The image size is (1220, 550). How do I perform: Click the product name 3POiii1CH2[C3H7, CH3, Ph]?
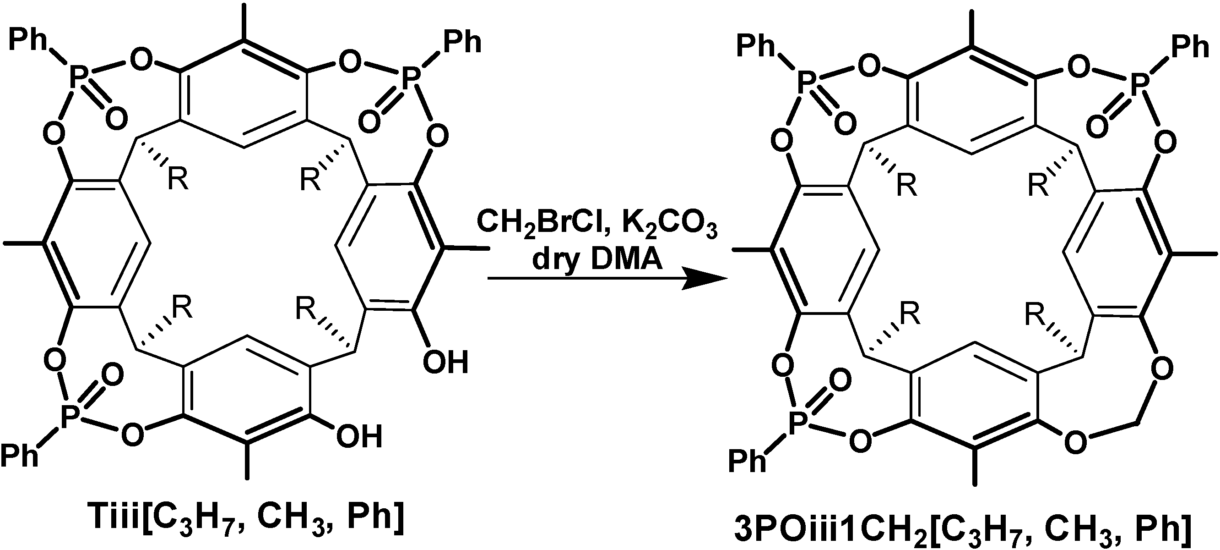point(976,530)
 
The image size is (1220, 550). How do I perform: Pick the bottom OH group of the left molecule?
point(359,437)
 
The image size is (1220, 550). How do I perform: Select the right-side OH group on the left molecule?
point(445,362)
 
